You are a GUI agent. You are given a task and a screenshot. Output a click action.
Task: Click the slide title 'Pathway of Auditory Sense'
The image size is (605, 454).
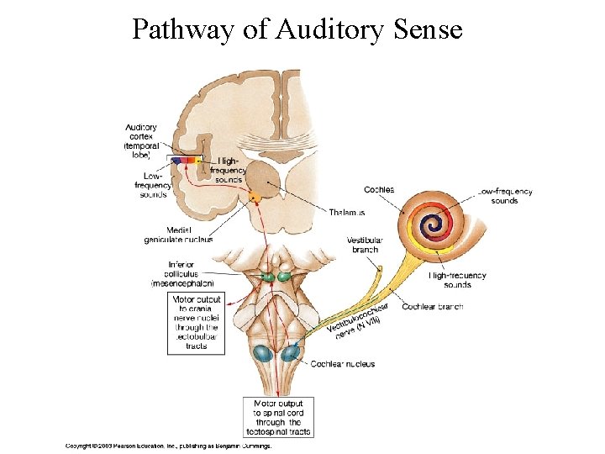297,30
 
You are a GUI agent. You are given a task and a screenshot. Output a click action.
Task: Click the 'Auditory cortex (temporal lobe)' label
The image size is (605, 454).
141,141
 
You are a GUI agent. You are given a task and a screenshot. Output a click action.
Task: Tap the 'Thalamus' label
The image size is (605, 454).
347,213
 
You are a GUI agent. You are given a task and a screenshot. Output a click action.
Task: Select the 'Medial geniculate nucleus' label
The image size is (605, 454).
178,235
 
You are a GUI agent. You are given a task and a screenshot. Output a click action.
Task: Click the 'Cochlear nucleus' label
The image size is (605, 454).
343,364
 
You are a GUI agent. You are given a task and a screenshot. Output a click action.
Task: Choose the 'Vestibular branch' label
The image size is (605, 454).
365,245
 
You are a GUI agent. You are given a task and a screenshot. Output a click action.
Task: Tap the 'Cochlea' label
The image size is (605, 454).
379,190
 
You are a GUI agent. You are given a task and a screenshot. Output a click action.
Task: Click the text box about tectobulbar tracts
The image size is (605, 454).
197,323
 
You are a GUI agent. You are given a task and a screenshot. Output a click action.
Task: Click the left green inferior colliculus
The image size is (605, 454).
268,275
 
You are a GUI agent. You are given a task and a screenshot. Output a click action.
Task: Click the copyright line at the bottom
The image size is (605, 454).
169,446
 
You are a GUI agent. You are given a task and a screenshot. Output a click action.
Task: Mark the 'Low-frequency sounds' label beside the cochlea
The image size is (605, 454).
505,196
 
